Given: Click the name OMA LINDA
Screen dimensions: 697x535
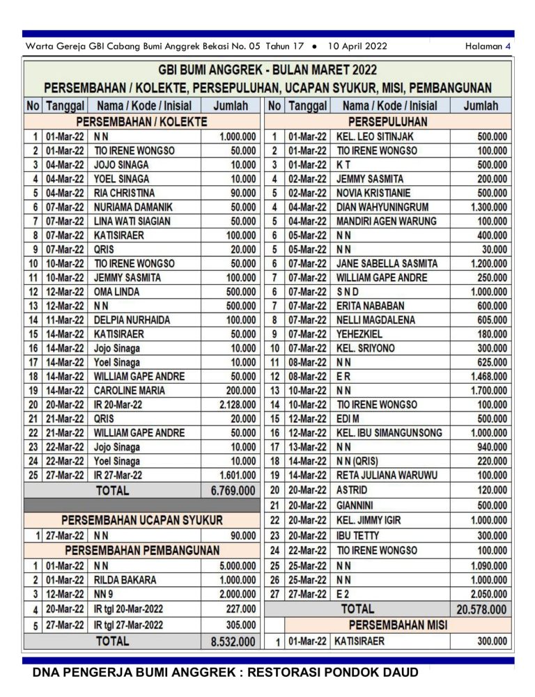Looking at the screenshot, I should pos(116,292).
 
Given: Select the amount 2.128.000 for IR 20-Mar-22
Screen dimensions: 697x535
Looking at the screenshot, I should pos(238,405).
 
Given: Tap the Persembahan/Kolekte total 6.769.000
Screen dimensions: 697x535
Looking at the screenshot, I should pos(233,490).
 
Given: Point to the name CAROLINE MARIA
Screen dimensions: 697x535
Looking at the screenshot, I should pos(130,391).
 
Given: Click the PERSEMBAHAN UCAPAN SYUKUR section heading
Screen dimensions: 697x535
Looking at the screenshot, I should pos(142,519).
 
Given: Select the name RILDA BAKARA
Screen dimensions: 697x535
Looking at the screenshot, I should pos(125,579).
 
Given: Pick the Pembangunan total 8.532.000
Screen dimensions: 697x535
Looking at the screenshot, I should pos(233,641).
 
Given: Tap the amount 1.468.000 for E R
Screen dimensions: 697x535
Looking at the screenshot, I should pos(489,377).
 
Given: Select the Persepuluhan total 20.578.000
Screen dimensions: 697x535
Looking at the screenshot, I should pos(481,609).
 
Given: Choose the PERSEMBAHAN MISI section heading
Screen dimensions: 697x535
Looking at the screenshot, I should pos(398,625).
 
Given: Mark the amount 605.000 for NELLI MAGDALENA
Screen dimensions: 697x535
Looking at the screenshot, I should pos(492,320).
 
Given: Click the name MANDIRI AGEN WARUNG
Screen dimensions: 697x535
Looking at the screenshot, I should pos(386,221).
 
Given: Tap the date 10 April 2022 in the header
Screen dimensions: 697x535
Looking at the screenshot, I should pos(357,47).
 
